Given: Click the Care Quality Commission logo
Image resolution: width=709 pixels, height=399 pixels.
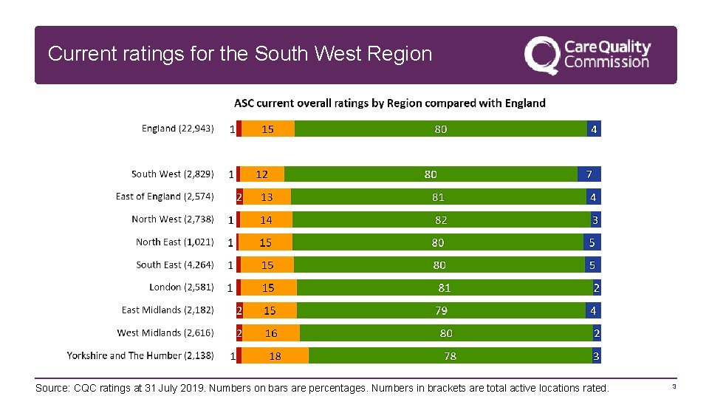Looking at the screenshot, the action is [x=587, y=55].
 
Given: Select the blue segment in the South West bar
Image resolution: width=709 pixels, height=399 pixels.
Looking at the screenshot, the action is [x=589, y=174].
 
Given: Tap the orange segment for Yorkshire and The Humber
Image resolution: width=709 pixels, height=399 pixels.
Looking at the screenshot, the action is [x=275, y=355].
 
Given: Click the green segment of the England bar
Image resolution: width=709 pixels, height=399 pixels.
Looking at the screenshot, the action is [x=441, y=129].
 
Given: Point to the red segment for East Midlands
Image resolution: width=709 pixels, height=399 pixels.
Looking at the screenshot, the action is [x=239, y=310].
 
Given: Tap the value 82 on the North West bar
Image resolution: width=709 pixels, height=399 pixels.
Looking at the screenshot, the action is [x=441, y=220].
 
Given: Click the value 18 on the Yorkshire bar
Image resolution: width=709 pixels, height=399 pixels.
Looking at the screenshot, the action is [x=275, y=356].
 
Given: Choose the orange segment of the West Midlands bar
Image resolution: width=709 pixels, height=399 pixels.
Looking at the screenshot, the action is [x=271, y=333].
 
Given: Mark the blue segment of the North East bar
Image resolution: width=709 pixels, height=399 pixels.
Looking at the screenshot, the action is [x=592, y=242].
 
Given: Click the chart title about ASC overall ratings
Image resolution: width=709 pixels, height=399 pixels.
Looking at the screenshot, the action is [x=390, y=103].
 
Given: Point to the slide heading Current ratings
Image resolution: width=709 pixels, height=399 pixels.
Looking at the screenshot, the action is [x=240, y=53].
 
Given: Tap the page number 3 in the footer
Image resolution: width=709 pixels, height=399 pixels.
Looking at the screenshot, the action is [x=674, y=386].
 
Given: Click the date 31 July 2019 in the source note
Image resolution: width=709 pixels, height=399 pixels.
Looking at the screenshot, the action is [x=177, y=388].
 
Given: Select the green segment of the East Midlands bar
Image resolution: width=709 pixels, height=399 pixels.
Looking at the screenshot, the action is [x=442, y=310].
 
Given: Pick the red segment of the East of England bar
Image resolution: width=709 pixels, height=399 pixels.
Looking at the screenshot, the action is [x=239, y=197].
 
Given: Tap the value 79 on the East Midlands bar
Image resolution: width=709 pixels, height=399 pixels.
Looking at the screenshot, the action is [x=442, y=310].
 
